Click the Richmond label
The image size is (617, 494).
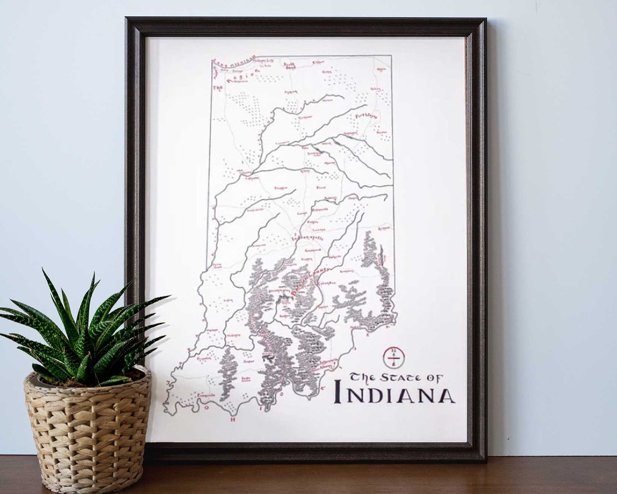coord(383,229)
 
